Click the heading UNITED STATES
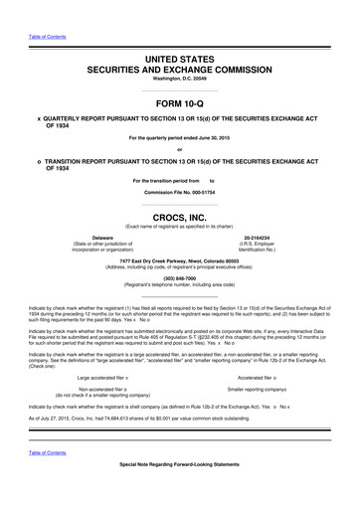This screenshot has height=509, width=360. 179,61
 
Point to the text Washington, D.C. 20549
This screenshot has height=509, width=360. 179,82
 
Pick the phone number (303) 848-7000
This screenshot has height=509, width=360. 179,279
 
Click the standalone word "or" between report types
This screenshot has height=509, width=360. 179,149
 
